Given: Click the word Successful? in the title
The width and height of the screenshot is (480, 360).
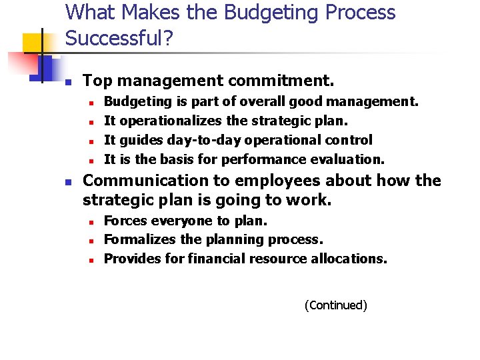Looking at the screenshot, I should click(x=119, y=38).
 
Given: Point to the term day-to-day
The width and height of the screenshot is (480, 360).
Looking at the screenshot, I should click(x=205, y=140).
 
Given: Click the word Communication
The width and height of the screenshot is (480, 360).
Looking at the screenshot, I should click(x=137, y=181).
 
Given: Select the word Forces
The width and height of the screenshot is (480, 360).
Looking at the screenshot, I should click(x=127, y=221).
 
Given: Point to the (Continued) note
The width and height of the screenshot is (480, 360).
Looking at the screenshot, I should click(x=335, y=305).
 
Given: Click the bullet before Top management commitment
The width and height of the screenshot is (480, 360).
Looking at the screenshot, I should click(x=67, y=82).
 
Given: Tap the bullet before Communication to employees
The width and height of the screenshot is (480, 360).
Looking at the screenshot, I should click(x=67, y=182).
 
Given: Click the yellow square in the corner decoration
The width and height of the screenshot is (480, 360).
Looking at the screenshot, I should click(x=33, y=43).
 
